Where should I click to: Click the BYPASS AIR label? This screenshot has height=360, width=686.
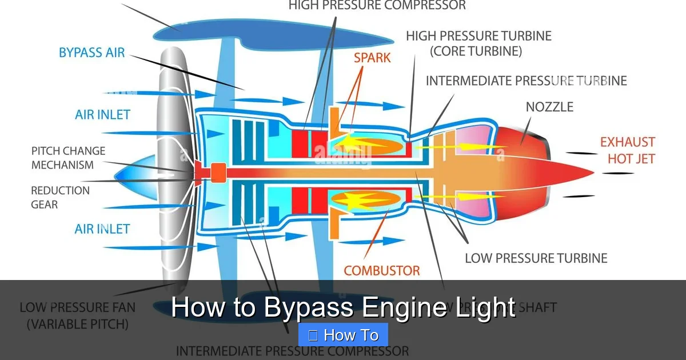[x=91, y=53]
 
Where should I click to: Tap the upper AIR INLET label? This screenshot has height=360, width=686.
[x=103, y=114]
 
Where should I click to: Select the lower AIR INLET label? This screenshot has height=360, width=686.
[x=102, y=229]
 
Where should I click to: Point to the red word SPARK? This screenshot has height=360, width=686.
[x=372, y=58]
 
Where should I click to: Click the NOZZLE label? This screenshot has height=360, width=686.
[x=549, y=107]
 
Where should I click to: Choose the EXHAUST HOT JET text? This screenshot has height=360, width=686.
[x=627, y=150]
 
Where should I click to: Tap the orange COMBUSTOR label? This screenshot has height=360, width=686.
[x=382, y=270]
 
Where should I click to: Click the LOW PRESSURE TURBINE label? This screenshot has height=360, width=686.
[x=536, y=258]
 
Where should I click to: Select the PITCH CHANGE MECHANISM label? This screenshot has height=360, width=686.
[x=69, y=158]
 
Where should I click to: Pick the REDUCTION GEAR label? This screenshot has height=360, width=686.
[x=60, y=197]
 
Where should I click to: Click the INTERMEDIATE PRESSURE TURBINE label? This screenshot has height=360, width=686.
[x=526, y=81]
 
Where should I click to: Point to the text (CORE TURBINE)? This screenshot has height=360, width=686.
[x=476, y=51]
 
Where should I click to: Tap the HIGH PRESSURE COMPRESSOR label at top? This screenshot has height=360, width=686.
[x=377, y=6]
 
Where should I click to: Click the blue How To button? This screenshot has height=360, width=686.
[x=343, y=335]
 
